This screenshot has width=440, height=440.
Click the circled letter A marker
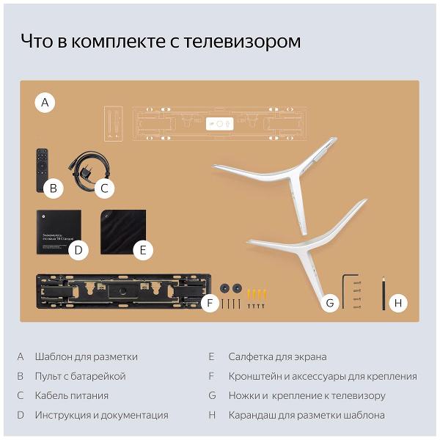(x=45, y=103)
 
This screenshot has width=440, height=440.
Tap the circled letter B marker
(x=53, y=188)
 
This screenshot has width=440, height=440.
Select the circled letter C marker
(x=104, y=188)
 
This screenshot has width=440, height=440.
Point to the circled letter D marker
(x=78, y=251)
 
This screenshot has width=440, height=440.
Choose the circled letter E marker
(x=143, y=251)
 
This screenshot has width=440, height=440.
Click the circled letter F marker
(x=210, y=302)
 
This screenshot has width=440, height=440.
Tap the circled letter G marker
(x=331, y=302)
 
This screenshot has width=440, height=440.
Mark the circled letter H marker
(x=398, y=302)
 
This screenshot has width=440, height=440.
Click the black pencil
(x=383, y=293)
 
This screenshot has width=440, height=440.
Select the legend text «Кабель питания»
(x=71, y=396)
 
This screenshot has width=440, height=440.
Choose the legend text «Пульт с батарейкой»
(x=80, y=376)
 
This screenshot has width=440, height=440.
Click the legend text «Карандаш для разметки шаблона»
(x=307, y=415)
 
